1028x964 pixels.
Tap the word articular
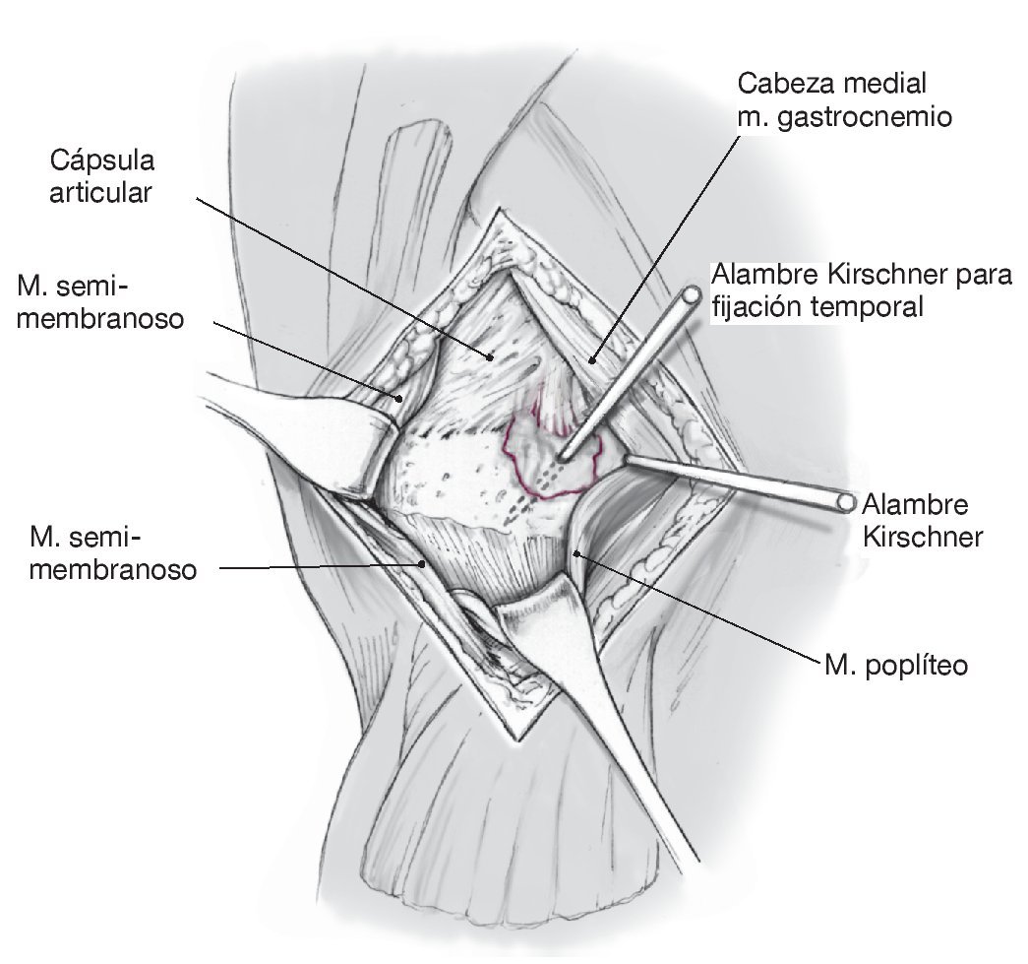pos(103,192)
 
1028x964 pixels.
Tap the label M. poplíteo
pos(897,666)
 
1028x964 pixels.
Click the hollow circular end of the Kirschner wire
pos(843,501)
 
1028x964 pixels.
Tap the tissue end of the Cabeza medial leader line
pos(591,361)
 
